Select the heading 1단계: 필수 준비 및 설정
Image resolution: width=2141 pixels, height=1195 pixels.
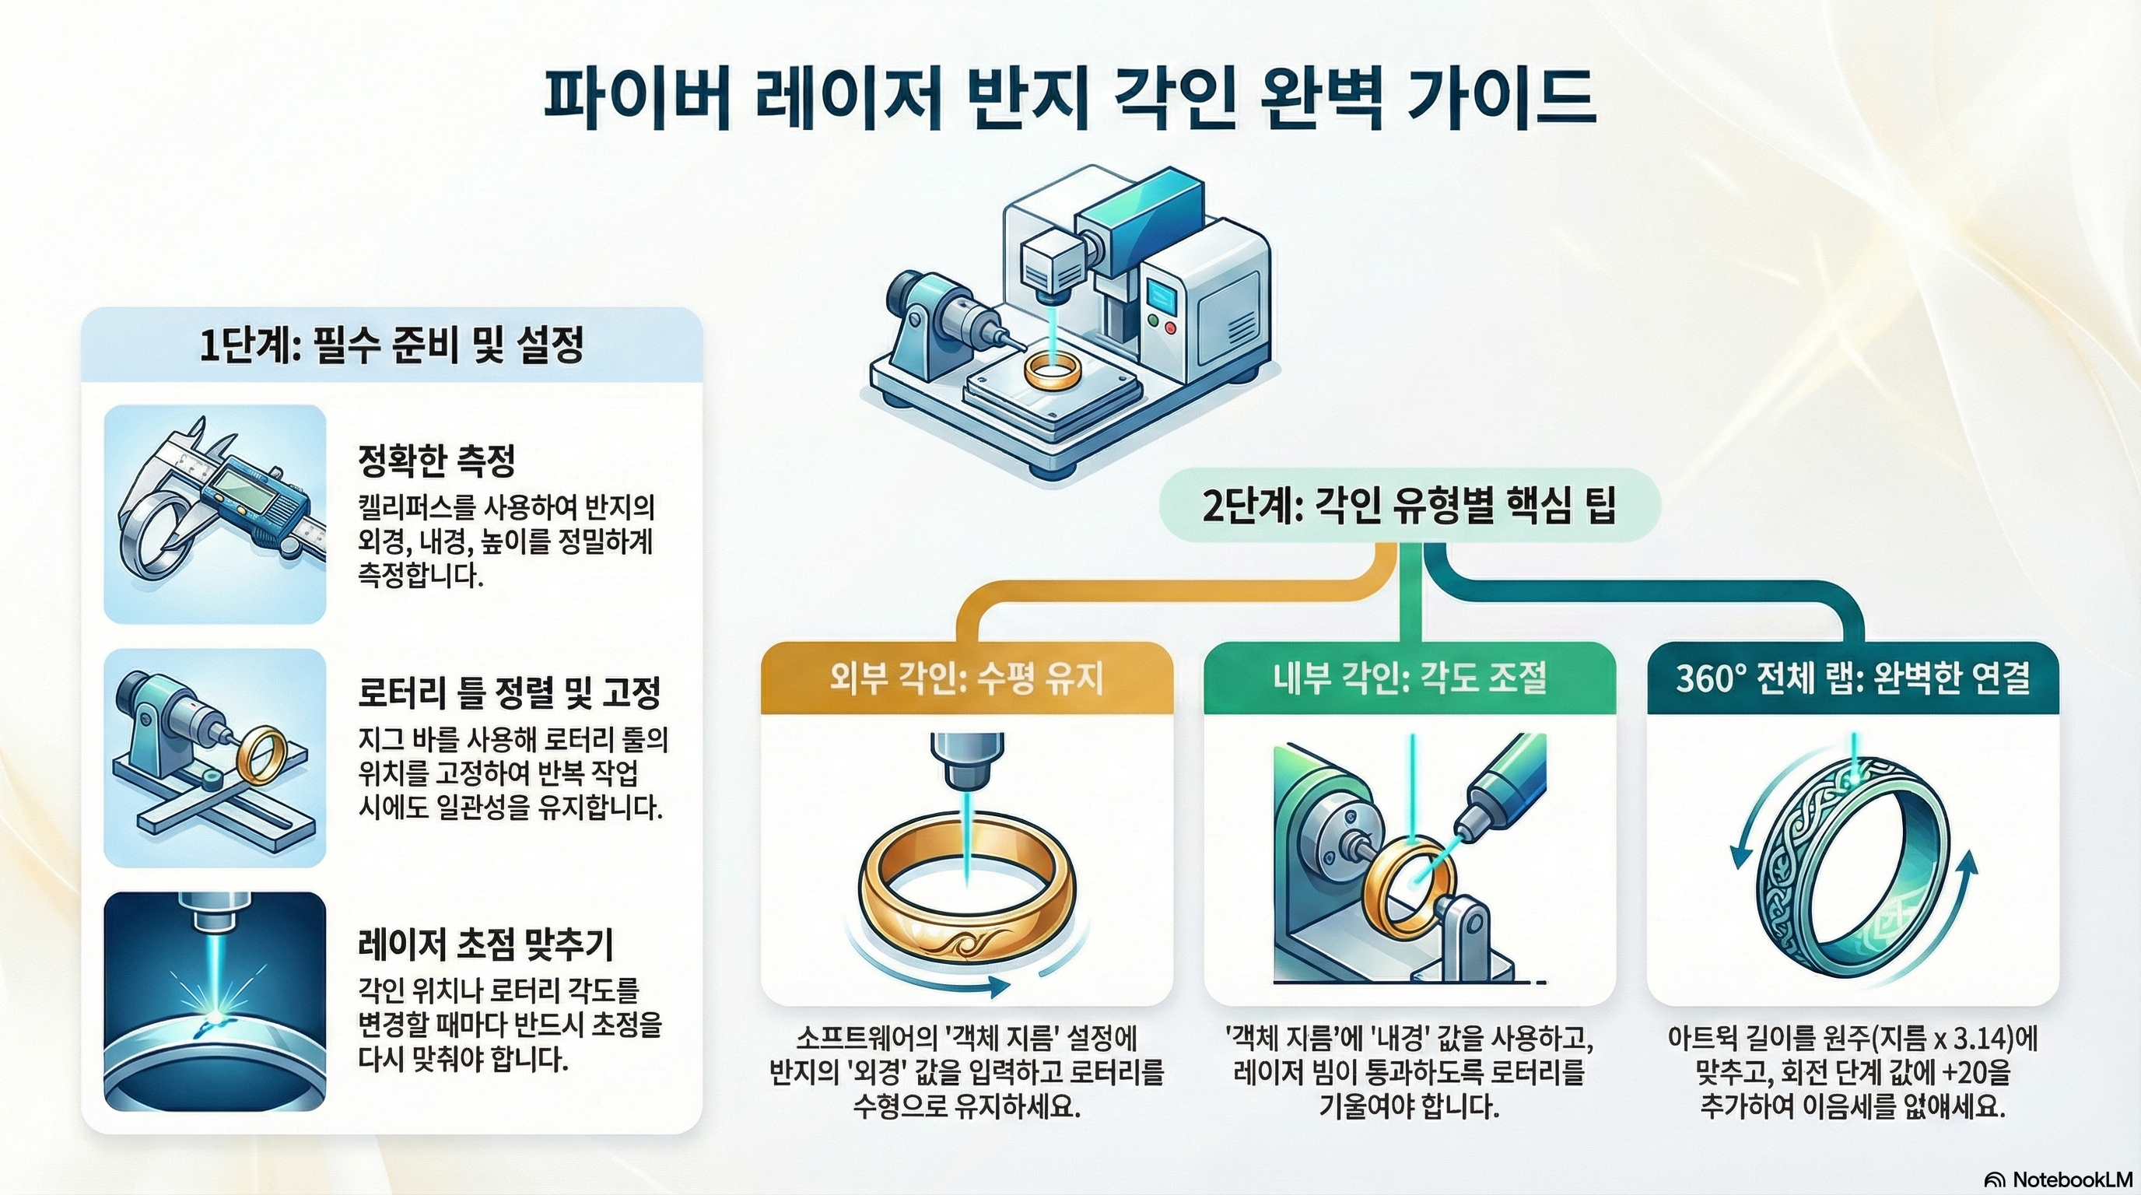(x=391, y=345)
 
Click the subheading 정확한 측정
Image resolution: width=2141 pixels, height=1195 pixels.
(x=436, y=461)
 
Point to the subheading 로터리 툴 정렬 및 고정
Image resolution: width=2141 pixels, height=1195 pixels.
(x=509, y=692)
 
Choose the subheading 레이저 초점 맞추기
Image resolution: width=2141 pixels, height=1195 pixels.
(x=485, y=943)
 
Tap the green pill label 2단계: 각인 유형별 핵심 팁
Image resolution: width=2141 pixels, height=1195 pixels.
(x=1409, y=505)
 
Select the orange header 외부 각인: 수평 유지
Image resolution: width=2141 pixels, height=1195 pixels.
(x=966, y=679)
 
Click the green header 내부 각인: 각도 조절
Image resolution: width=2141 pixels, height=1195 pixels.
(x=1410, y=679)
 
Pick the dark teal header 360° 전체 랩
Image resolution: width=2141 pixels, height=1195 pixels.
(x=1852, y=679)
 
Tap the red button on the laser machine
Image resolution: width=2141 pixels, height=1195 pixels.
(x=1171, y=328)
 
